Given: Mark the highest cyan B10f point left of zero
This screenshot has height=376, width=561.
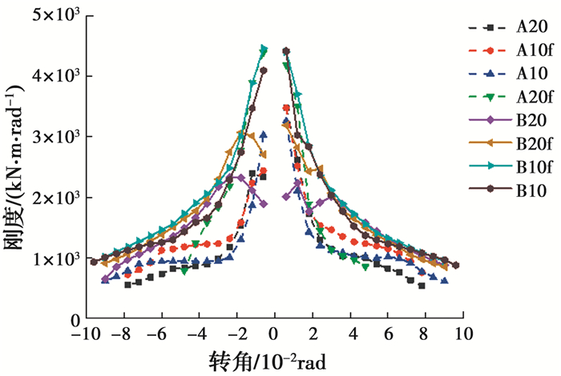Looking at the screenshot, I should click(264, 48).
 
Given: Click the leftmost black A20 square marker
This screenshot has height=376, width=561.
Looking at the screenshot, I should click(127, 284).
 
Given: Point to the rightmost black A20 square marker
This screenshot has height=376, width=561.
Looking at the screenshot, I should click(422, 285).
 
